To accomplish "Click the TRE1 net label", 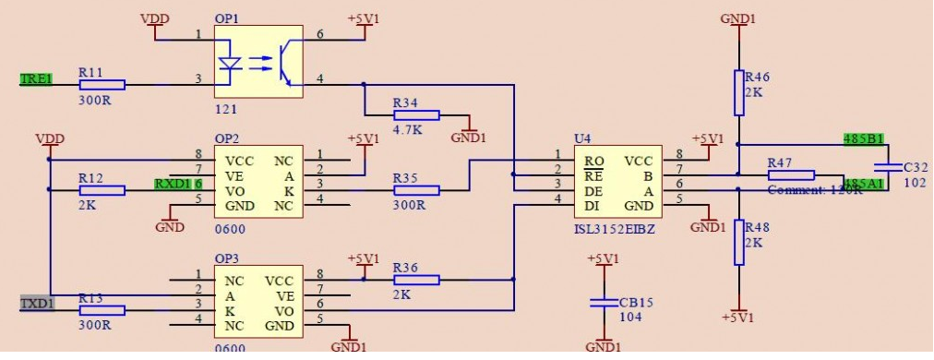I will click(36, 79).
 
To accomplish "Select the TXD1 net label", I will click(36, 302).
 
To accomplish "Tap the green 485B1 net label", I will click(864, 139).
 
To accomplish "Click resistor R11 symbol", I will click(102, 84).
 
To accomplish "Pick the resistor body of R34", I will click(416, 115).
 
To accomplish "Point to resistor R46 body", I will click(738, 92).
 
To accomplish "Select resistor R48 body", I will click(738, 242).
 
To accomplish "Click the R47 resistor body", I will click(791, 174).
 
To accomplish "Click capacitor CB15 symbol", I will click(602, 302).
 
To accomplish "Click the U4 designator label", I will click(581, 138).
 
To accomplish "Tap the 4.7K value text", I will click(408, 131).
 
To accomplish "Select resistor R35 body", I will click(416, 189).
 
